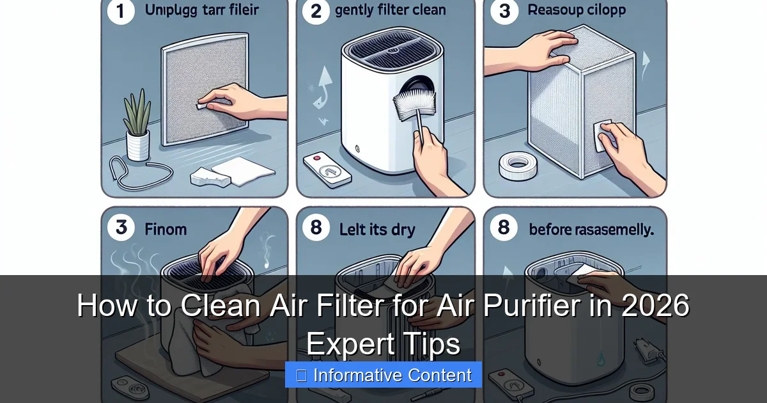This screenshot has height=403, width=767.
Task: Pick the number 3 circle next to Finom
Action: click(121, 228)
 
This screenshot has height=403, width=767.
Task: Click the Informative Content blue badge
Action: click(383, 375)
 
